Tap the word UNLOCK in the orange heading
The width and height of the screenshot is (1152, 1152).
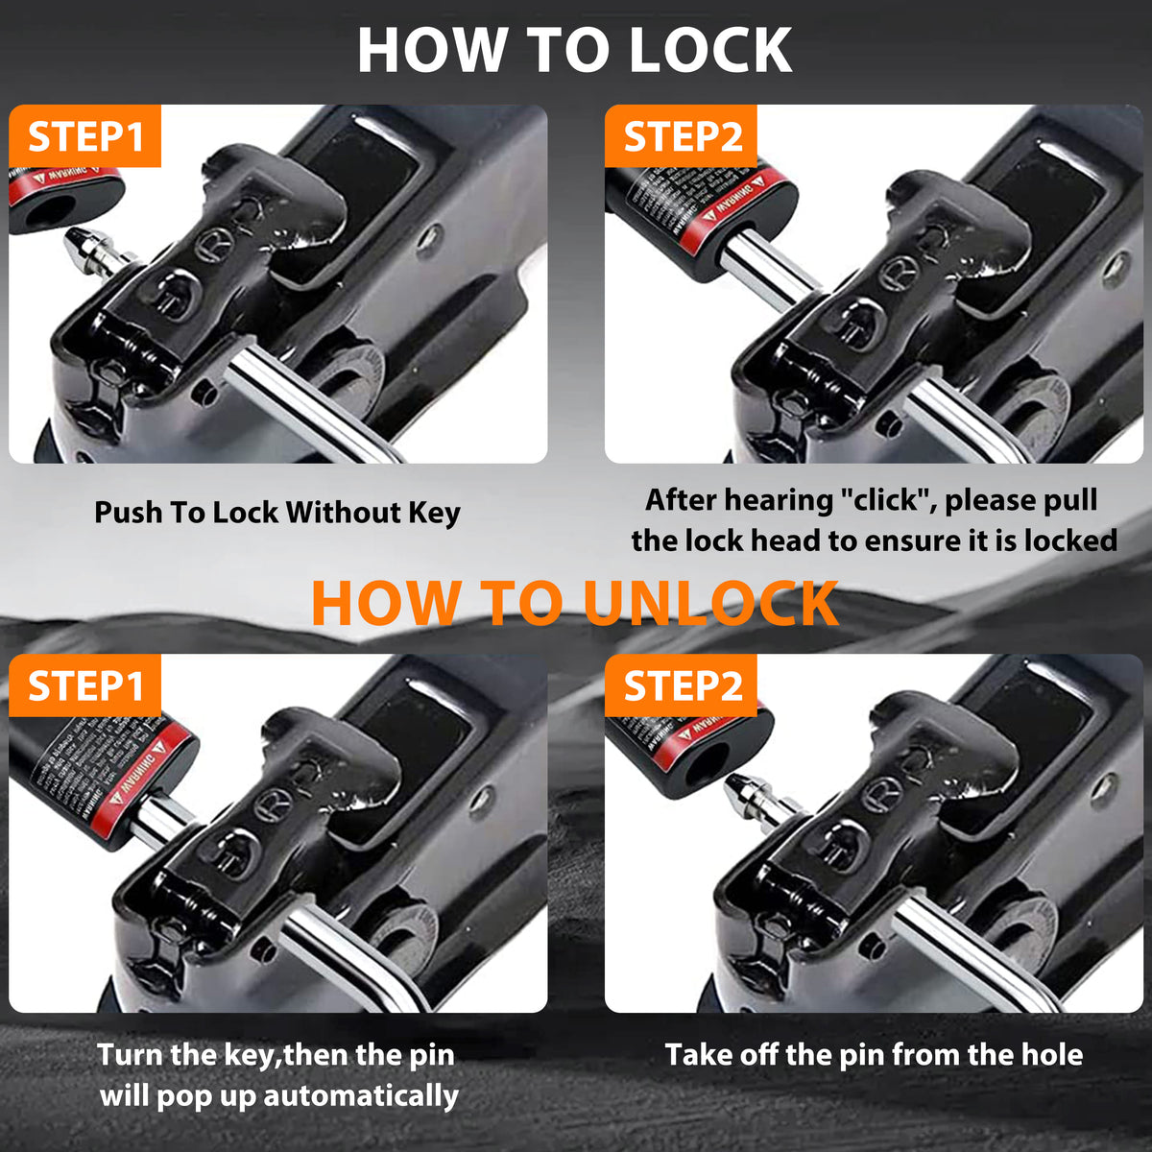[x=710, y=604]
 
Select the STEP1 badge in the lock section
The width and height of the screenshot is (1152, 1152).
[x=85, y=137]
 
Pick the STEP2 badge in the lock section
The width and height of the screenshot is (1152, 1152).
[x=683, y=137]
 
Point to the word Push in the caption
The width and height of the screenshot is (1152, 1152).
[x=128, y=513]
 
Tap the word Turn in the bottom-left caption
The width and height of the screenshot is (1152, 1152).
[x=131, y=1055]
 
